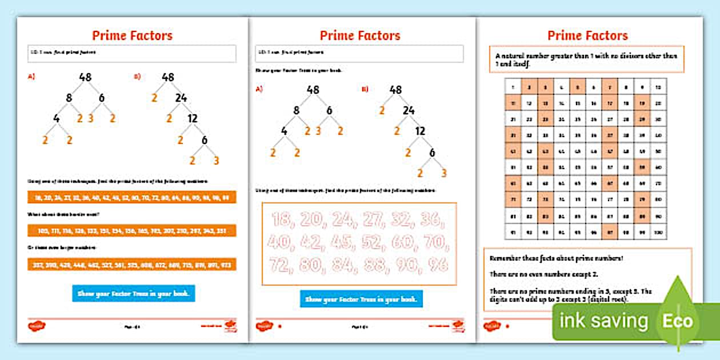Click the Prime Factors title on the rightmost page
pos(587,35)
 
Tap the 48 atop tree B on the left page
pos(167,77)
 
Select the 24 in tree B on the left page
pos(181,98)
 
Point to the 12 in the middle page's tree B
pos(419,131)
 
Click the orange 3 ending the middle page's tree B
pos(444,173)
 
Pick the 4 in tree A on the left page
pos(56,118)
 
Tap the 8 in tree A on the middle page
pos(297,111)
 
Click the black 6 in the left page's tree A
pos(102,98)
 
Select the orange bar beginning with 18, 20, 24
pos(131,198)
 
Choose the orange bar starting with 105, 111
pos(131,231)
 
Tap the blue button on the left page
pos(134,294)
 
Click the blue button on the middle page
pos(361,299)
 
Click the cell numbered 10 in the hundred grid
pos(658,87)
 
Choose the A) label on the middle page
pos(259,89)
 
